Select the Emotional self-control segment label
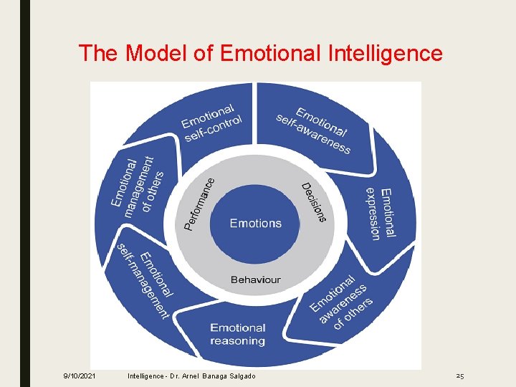coord(211,123)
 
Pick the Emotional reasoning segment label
coord(238,334)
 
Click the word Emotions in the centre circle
coord(255,224)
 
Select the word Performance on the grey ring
coord(199,204)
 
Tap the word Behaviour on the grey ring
coord(255,279)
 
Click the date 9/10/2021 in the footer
coord(80,376)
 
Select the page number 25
coord(459,376)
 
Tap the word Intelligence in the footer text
coord(147,376)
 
